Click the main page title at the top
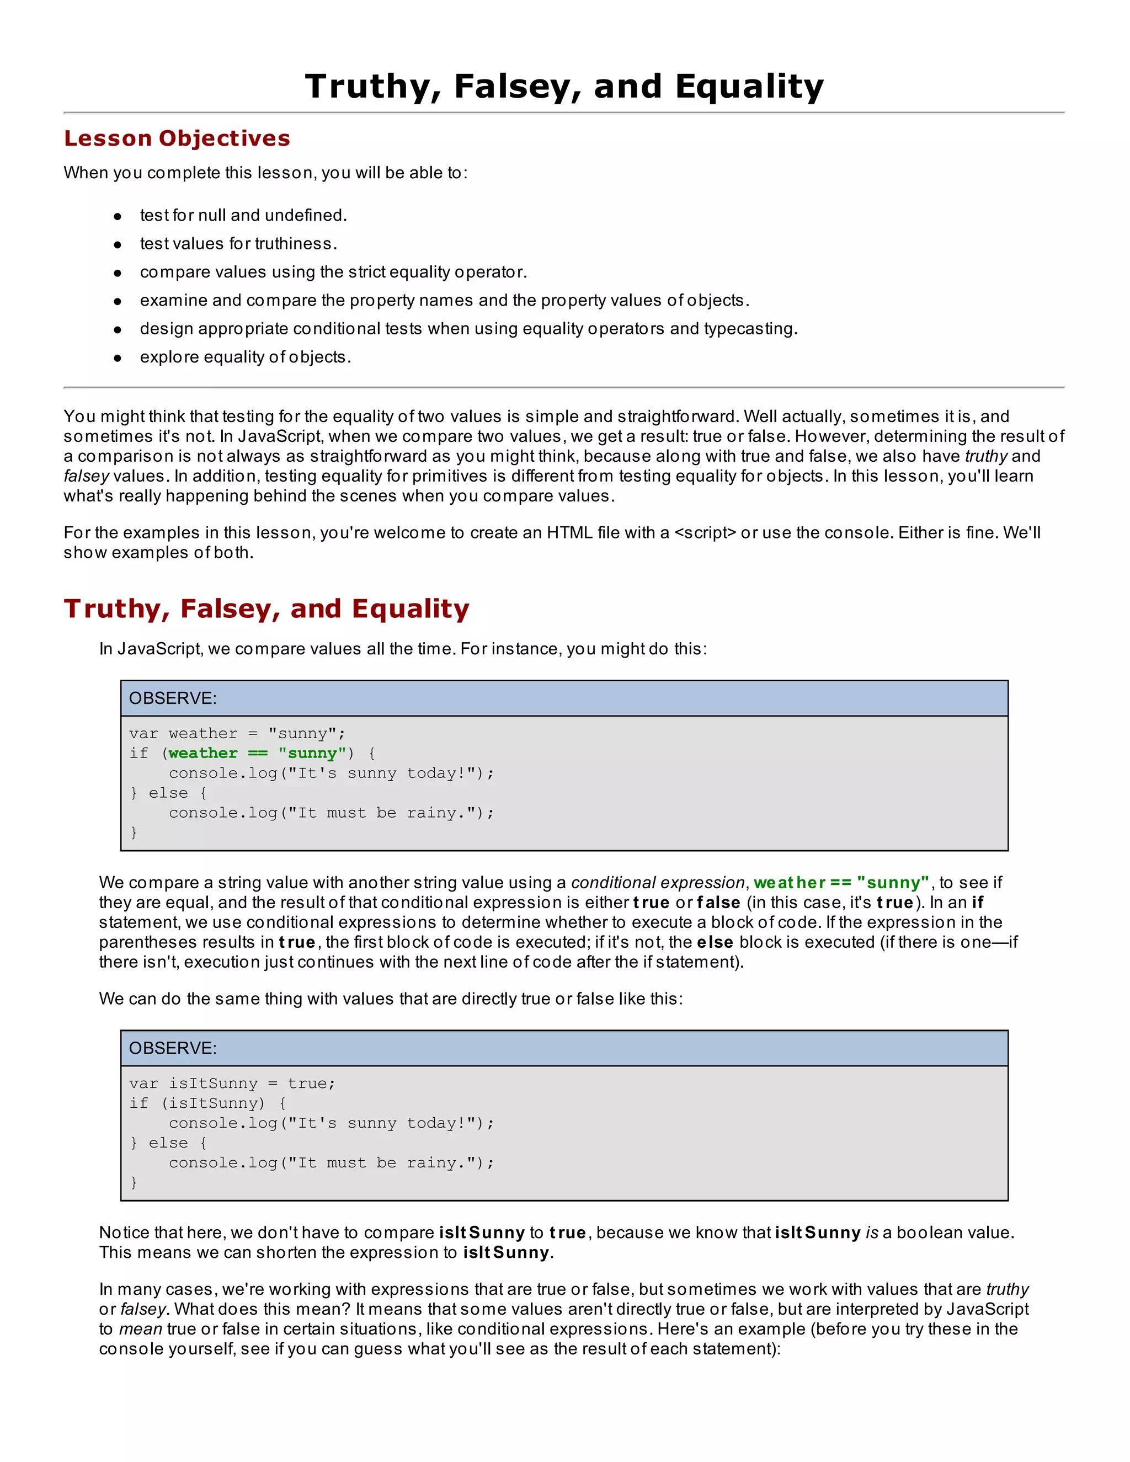click(564, 87)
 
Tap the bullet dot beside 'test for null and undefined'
click(118, 216)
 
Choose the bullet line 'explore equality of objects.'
click(245, 358)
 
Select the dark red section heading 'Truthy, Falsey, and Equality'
click(266, 609)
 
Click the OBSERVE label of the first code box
click(173, 698)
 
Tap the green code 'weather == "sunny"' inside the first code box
click(258, 753)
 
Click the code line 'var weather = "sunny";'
click(237, 734)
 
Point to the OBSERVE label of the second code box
click(173, 1048)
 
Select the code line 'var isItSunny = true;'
click(232, 1084)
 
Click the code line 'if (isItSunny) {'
click(207, 1103)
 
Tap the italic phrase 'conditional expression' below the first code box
click(657, 883)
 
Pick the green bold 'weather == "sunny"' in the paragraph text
click(841, 883)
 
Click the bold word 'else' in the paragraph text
click(715, 942)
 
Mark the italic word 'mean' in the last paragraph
click(141, 1329)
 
